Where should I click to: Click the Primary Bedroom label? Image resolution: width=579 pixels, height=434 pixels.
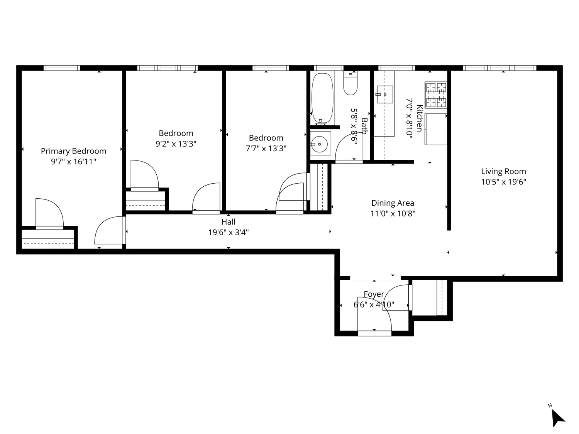(73, 151)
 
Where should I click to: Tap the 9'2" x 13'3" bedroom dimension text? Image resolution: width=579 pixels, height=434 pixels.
(176, 144)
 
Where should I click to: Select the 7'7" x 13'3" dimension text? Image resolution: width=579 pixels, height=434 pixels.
(266, 149)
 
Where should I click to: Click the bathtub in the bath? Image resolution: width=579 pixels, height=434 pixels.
(322, 98)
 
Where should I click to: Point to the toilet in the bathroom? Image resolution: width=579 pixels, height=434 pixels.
(350, 83)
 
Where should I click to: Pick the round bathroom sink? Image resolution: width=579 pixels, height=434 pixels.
(320, 144)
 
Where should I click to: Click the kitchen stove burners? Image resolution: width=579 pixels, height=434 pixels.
(436, 95)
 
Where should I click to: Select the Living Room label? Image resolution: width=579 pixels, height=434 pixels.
(503, 172)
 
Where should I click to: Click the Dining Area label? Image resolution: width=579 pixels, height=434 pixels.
(393, 203)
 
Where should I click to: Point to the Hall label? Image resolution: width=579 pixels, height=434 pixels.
(228, 222)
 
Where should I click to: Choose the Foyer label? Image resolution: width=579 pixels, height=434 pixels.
(374, 294)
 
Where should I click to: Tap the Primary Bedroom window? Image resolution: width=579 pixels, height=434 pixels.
(62, 68)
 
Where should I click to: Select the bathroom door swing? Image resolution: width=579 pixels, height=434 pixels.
(349, 148)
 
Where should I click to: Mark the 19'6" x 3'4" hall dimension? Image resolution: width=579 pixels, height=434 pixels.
(228, 233)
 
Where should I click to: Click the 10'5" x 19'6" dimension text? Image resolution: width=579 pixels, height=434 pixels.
(503, 182)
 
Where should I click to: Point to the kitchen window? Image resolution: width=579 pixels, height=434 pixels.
(396, 68)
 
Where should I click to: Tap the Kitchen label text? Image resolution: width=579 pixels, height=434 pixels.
(420, 118)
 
